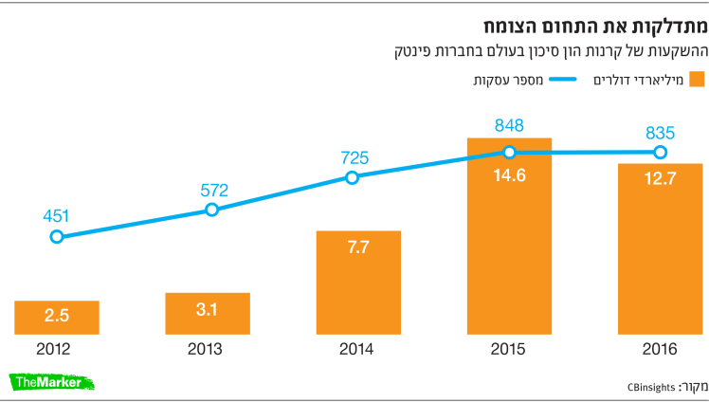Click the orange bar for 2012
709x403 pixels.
pyautogui.click(x=57, y=317)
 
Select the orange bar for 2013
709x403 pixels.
pyautogui.click(x=208, y=313)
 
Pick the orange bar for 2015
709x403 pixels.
pyautogui.click(x=509, y=236)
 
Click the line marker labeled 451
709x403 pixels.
pyautogui.click(x=57, y=236)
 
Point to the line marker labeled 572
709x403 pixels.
pyautogui.click(x=210, y=210)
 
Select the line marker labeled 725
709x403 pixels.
pyautogui.click(x=352, y=177)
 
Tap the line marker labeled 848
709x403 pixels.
pyautogui.click(x=509, y=152)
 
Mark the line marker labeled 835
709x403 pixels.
pyautogui.click(x=660, y=152)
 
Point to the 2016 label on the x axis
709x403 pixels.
pyautogui.click(x=660, y=349)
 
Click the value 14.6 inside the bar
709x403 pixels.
pyautogui.click(x=509, y=175)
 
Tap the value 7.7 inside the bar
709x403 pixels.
pyautogui.click(x=358, y=247)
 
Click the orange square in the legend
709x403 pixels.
pyautogui.click(x=697, y=79)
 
